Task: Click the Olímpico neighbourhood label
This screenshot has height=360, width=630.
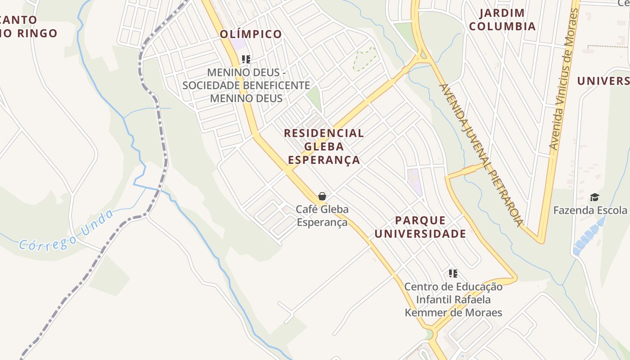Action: [x=251, y=34]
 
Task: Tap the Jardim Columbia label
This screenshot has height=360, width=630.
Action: [x=502, y=20]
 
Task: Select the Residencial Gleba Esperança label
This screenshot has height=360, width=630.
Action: [x=324, y=146]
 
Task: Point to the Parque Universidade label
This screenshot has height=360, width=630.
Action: [x=420, y=227]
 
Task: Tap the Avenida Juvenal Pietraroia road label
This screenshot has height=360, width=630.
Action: [x=482, y=155]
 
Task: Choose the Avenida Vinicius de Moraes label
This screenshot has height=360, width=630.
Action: [x=563, y=79]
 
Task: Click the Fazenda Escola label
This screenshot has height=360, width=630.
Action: [x=590, y=210]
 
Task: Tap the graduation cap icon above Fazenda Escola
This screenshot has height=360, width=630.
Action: [x=595, y=197]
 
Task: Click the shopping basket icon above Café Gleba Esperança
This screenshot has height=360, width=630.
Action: [x=322, y=196]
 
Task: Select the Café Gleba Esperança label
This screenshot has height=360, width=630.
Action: [x=322, y=216]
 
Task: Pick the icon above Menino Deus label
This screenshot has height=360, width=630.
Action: [x=246, y=59]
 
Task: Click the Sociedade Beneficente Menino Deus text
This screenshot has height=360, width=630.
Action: [x=246, y=85]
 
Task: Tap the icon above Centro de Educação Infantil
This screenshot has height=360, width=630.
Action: [x=453, y=273]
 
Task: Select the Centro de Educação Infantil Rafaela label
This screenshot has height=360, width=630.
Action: [x=453, y=299]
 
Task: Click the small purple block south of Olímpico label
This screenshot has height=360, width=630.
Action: [x=238, y=45]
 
